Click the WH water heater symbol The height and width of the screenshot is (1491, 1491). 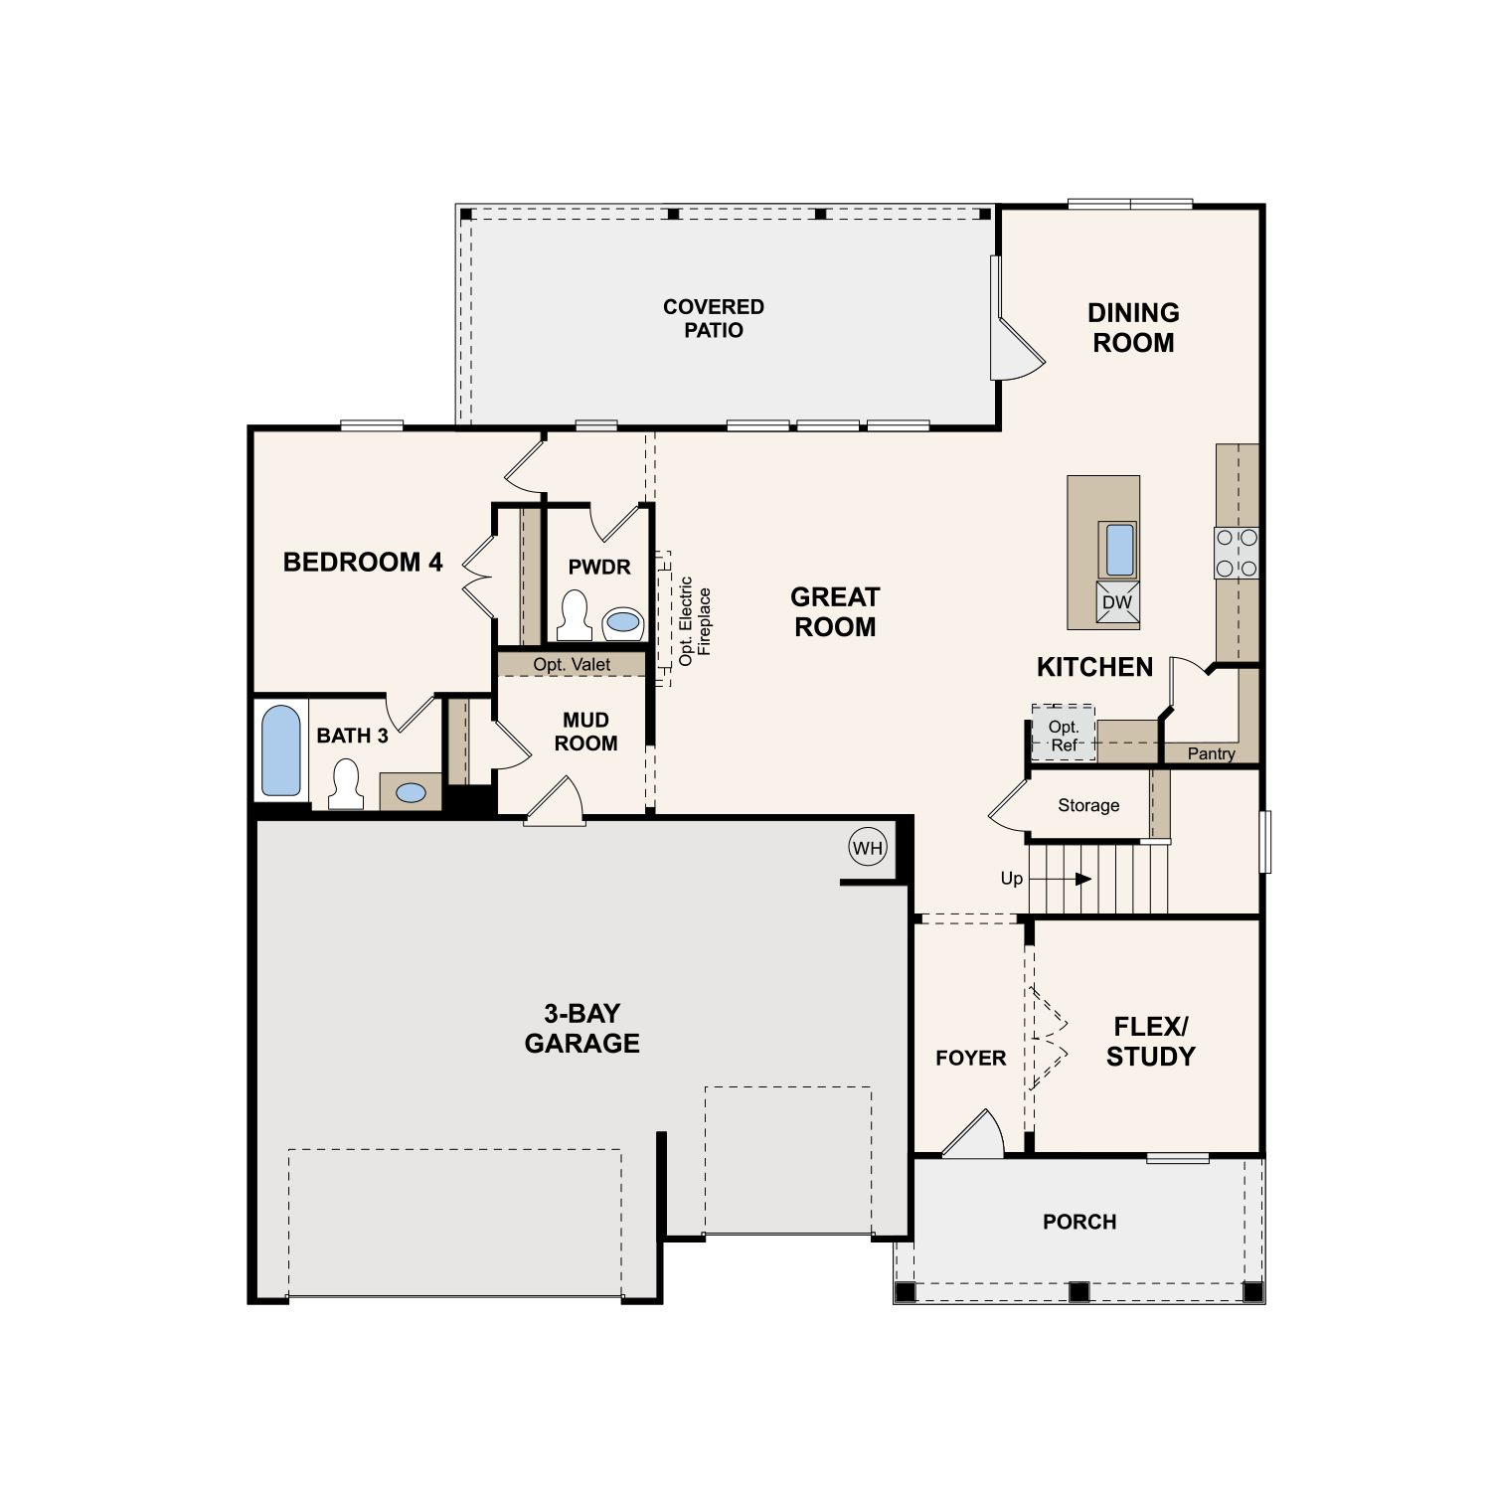pos(867,848)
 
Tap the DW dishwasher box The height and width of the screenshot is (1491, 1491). pos(1117,602)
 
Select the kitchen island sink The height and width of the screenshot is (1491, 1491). pos(1119,550)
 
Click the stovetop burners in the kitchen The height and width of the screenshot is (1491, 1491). pos(1237,553)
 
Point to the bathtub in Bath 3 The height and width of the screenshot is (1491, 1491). pos(280,750)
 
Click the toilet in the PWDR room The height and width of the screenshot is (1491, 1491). pos(575,615)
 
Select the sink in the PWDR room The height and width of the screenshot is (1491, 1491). pos(623,622)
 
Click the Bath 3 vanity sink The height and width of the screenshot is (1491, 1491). pos(411,792)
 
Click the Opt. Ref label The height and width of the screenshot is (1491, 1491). pos(1064,736)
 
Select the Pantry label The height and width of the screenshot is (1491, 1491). pos(1211,753)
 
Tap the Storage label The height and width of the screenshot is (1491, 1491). pos(1088,805)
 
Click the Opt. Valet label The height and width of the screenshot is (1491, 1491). pos(572,664)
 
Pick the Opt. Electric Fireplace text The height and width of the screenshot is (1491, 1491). pos(695,620)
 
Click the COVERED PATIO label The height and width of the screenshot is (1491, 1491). pos(713,318)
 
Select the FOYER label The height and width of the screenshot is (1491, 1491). pos(970,1058)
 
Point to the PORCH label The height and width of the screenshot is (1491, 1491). pos(1079,1222)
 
